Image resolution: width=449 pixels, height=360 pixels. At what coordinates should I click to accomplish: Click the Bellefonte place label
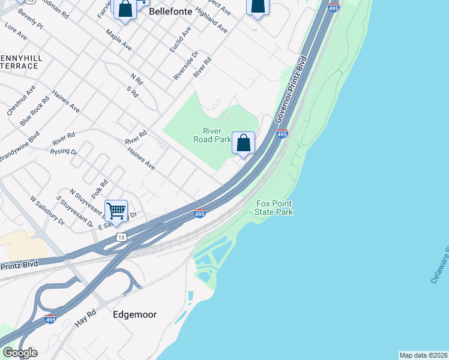pos(171,11)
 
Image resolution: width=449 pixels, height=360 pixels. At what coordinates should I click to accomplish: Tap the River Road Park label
pos(212,135)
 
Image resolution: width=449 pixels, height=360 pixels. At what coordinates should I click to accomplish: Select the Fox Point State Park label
pos(274,208)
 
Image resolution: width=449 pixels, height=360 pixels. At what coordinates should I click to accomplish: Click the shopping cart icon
pos(116,211)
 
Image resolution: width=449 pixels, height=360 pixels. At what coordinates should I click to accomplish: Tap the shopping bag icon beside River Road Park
pos(243,143)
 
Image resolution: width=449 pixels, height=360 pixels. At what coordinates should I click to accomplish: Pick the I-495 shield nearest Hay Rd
pos(51,320)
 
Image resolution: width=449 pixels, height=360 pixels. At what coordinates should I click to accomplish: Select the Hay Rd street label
pos(86,318)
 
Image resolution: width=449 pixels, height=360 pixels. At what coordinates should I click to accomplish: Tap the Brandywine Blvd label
pos(20,146)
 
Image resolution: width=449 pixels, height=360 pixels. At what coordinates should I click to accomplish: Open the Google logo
pos(20,352)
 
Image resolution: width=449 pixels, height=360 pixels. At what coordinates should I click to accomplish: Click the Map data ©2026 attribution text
pos(423,355)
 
